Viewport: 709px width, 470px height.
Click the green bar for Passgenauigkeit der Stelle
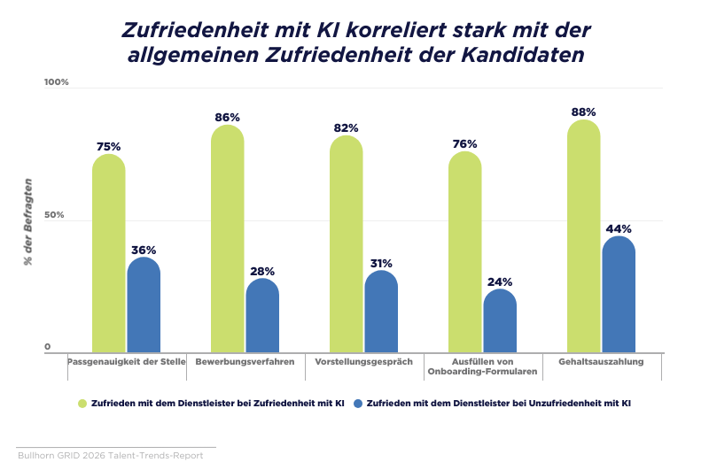pos(109,253)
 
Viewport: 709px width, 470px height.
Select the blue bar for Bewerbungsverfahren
pos(262,315)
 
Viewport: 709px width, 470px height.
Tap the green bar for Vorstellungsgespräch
pos(347,243)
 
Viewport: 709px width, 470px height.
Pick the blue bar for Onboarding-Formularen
pos(500,320)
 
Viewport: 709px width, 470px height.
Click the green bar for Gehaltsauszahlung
pos(584,235)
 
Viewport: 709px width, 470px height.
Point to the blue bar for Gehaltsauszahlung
pos(619,294)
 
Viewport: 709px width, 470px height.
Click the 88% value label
pos(583,112)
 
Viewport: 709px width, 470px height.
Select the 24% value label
pos(500,282)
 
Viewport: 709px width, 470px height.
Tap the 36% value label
pos(144,250)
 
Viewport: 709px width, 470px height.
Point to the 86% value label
pos(227,118)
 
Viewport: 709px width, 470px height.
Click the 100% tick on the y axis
pos(56,82)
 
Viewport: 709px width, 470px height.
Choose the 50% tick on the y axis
pos(54,215)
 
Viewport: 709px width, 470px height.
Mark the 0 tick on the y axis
pos(48,347)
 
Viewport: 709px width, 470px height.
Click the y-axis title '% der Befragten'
pos(28,222)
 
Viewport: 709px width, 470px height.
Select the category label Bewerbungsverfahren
pos(245,362)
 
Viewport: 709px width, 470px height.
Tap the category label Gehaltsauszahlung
pos(601,362)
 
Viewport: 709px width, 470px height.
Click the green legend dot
pos(82,404)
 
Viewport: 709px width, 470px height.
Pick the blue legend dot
pos(358,404)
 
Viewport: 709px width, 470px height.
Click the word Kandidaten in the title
pos(523,55)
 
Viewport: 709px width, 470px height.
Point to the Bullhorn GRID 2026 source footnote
pos(110,456)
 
